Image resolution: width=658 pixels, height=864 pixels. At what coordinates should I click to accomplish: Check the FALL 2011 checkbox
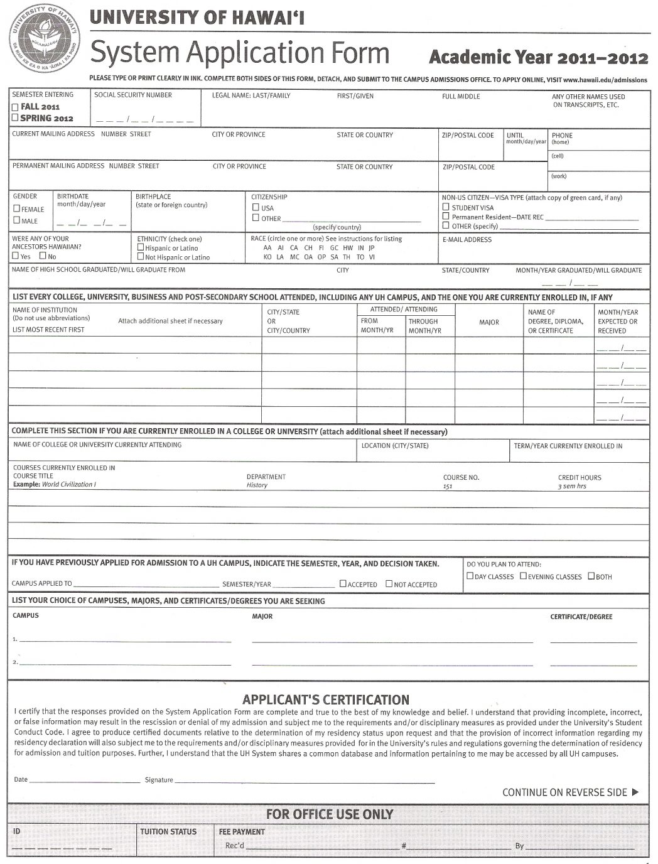point(15,107)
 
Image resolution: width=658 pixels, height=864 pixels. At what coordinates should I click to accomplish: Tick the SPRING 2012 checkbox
point(15,117)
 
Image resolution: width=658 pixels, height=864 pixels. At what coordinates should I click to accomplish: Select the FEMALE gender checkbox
point(17,208)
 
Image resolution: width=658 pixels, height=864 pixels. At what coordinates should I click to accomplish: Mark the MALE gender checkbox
point(17,220)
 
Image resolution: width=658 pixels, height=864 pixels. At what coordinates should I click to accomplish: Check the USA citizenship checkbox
point(256,207)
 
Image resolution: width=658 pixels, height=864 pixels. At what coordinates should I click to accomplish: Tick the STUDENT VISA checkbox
point(446,207)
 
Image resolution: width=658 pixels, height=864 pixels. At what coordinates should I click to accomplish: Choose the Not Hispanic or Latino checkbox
point(141,257)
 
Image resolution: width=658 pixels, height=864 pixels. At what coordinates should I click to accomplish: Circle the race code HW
point(348,248)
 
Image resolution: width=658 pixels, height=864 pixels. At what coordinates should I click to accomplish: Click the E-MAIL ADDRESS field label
point(467,239)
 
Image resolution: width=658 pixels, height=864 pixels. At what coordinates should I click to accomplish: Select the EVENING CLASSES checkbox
point(523,576)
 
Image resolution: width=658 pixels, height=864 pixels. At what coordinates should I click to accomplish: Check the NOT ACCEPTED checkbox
point(389,583)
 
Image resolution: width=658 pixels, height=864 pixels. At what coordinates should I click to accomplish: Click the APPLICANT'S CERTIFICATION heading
point(325,699)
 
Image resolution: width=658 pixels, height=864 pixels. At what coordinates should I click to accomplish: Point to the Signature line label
point(158,780)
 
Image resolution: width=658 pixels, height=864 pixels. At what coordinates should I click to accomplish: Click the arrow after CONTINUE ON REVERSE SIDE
point(635,792)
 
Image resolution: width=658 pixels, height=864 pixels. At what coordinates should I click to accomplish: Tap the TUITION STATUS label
point(168,832)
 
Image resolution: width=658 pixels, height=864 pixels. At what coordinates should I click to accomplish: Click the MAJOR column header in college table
point(488,322)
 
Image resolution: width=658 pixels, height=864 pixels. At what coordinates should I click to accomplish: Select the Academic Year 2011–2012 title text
point(538,58)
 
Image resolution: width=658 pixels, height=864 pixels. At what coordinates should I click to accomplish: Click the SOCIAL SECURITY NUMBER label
point(132,95)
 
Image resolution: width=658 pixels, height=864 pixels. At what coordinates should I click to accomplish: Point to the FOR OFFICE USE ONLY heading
point(329,814)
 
